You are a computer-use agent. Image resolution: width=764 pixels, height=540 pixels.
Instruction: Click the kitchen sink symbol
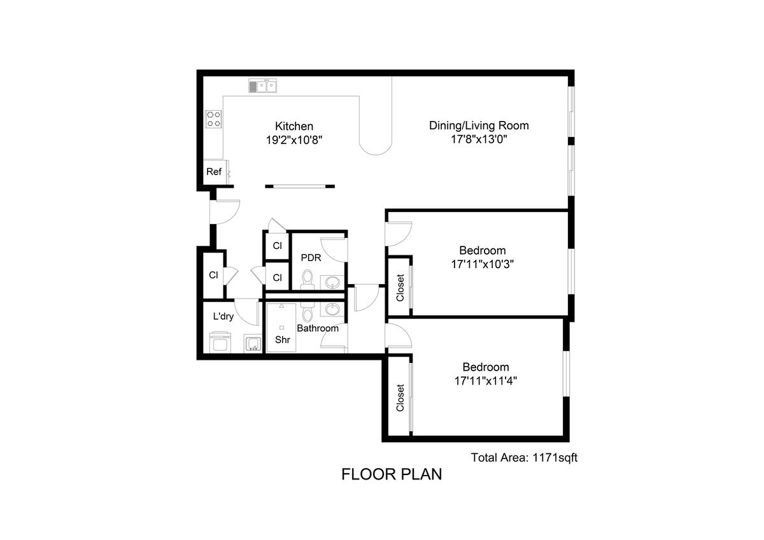262,85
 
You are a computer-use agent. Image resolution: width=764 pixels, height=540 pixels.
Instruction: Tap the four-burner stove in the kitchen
213,119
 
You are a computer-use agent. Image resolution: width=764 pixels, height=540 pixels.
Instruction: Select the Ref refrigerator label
214,171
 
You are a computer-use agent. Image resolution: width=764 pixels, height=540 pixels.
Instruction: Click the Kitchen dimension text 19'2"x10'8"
294,140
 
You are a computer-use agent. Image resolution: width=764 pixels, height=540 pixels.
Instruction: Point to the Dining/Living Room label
479,125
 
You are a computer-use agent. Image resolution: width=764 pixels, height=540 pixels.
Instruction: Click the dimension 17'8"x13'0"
479,139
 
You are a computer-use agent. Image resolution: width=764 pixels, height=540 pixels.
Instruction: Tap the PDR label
311,258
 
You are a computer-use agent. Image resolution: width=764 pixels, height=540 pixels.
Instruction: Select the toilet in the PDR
308,279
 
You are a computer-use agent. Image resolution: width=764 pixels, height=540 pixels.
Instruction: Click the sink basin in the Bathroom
332,309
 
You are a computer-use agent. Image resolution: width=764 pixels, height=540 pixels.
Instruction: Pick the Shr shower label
283,339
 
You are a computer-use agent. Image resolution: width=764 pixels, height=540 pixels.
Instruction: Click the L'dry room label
223,316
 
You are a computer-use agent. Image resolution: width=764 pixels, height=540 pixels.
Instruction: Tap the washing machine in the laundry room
220,342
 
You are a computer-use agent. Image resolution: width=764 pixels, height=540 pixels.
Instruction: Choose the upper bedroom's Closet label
400,288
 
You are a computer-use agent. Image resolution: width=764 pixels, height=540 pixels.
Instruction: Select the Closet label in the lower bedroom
400,398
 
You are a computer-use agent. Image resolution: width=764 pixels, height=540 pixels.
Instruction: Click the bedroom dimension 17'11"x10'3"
483,264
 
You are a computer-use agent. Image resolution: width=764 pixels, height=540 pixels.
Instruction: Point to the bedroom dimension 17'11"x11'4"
485,381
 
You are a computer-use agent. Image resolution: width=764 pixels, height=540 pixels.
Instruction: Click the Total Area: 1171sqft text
524,457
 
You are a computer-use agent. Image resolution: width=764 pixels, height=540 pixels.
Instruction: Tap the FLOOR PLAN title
392,474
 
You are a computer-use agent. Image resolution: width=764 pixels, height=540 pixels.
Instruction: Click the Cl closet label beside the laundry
213,275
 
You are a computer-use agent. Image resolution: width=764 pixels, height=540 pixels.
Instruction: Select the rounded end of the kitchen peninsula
376,147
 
